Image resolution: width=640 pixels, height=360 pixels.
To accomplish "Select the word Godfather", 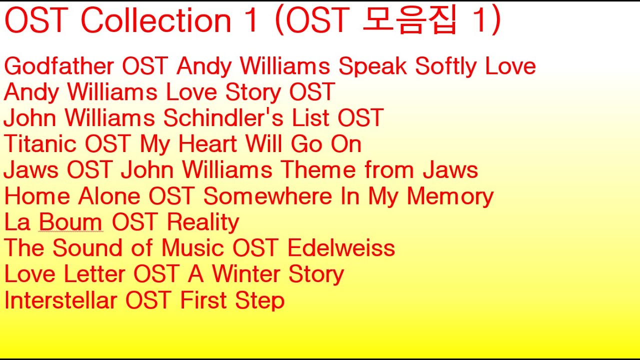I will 59,66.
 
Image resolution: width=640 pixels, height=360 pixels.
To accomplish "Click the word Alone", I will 109,196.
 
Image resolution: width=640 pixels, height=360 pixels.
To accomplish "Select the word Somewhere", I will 267,196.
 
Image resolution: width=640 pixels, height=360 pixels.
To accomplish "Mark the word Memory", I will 450,197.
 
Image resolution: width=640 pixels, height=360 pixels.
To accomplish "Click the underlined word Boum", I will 70,222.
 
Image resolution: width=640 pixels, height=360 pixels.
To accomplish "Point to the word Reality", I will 203,223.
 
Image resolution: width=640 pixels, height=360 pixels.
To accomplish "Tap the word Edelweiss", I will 341,248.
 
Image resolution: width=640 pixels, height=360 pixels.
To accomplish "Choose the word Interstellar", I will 60,300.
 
